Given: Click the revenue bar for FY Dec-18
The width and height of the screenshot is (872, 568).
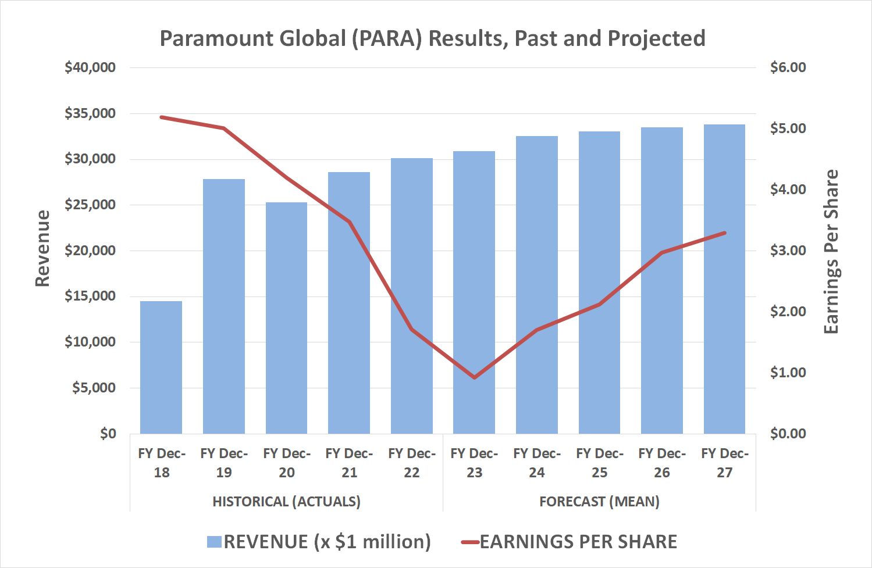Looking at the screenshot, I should click(x=161, y=367).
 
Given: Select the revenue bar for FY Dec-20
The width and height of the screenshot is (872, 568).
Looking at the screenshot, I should click(x=286, y=318).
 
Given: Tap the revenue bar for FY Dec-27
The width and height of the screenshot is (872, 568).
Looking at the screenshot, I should click(x=724, y=279).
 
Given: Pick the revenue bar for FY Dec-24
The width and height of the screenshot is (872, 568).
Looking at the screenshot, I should click(x=536, y=285).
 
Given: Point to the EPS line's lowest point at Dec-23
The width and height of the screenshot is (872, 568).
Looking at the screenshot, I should click(x=474, y=377).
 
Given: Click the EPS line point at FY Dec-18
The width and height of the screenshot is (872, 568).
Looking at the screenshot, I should click(x=161, y=117).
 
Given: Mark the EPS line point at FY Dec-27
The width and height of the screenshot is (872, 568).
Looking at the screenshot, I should click(x=724, y=233).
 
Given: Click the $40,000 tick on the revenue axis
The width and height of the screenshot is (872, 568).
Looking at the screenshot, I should click(x=90, y=67).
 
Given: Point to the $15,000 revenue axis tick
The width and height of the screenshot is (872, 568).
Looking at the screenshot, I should click(x=90, y=296).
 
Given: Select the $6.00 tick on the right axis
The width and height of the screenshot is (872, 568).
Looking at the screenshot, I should click(x=788, y=67).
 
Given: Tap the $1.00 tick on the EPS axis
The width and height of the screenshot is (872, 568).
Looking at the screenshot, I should click(x=788, y=373).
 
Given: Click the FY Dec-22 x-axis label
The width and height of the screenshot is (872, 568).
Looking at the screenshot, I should click(x=411, y=463).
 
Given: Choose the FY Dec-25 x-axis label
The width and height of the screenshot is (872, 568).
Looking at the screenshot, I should click(x=599, y=463).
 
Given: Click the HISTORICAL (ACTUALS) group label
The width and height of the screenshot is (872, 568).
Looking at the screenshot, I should click(x=286, y=501).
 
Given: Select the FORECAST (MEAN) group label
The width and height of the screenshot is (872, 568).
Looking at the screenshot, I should click(x=599, y=501).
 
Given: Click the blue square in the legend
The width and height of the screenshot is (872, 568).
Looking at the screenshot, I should click(x=214, y=542).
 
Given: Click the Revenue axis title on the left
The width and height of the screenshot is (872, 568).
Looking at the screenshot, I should click(x=42, y=248).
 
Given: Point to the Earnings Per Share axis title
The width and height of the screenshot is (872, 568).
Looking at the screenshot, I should click(x=831, y=251).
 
